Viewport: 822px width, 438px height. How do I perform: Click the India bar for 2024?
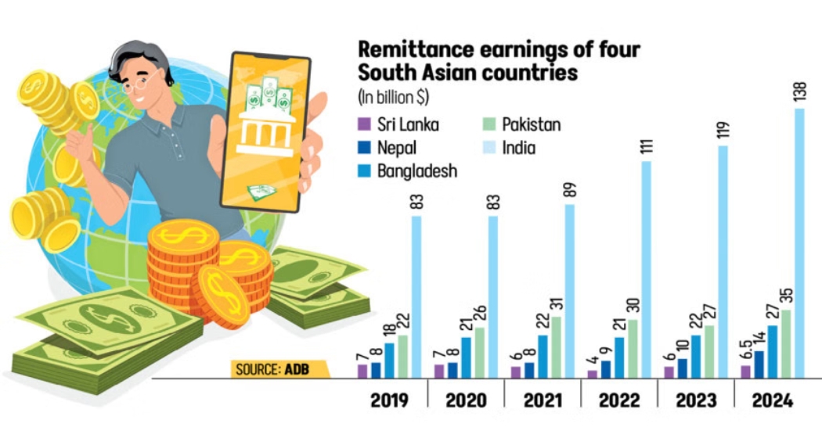point(799,242)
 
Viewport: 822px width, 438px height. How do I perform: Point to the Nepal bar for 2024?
point(759,364)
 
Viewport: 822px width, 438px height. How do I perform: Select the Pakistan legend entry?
point(531,124)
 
